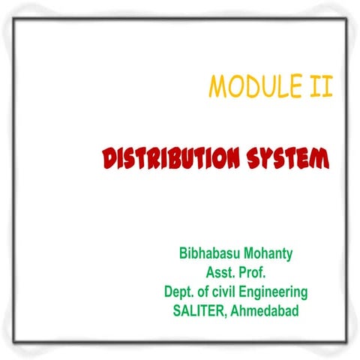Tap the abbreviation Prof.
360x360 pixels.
tap(254, 272)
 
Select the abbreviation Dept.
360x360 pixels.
tap(179, 291)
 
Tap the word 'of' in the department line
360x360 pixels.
tap(203, 291)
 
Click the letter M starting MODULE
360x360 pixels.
tap(217, 88)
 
